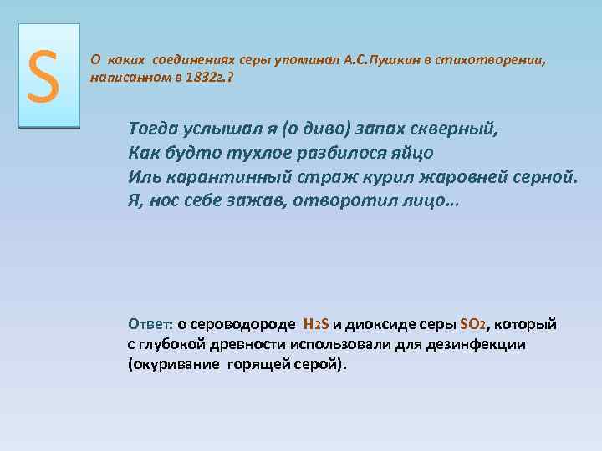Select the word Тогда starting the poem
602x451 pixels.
point(153,129)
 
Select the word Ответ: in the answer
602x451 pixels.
point(150,324)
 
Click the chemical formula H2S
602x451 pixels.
point(317,324)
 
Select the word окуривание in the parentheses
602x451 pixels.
point(174,365)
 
